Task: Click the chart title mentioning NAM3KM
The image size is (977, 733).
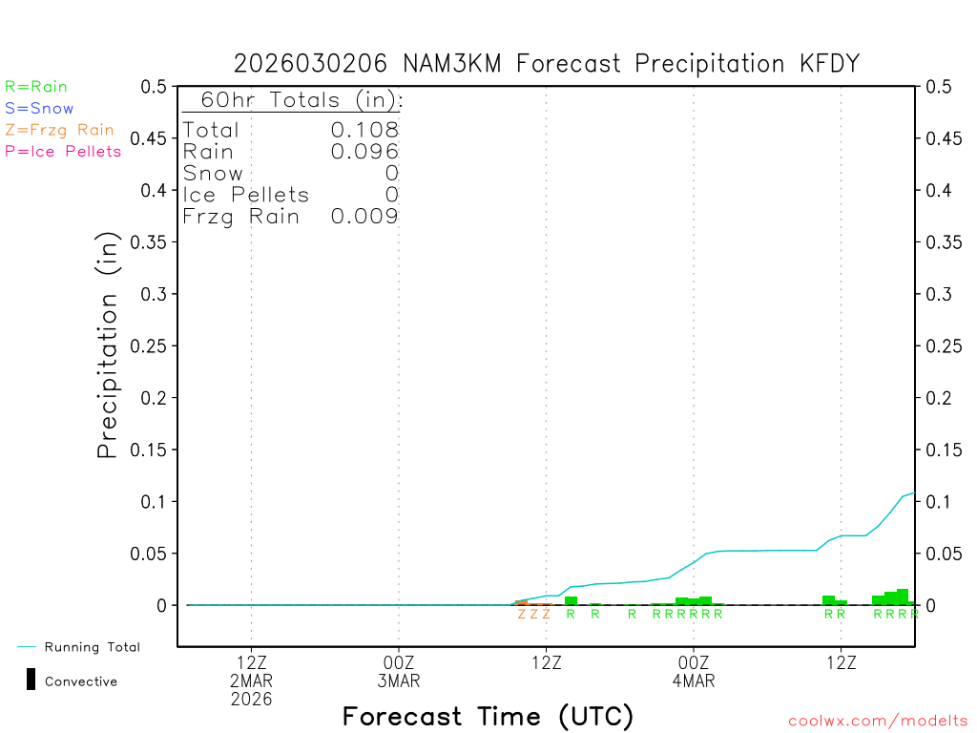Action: click(x=547, y=64)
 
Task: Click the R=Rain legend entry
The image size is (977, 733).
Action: click(x=36, y=87)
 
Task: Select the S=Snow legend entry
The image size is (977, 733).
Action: click(x=39, y=109)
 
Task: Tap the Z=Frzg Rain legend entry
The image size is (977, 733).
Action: click(x=59, y=130)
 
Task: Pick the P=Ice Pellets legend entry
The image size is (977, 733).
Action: click(x=63, y=151)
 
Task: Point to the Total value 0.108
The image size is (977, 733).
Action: click(x=364, y=130)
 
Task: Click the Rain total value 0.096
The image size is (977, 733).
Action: click(x=364, y=151)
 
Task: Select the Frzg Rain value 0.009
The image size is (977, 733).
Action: click(x=364, y=217)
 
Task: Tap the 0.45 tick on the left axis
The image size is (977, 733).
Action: click(x=153, y=138)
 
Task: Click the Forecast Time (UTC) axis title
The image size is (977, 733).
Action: click(x=488, y=716)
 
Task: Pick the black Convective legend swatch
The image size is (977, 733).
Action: click(x=31, y=680)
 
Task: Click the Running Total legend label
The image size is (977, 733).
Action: click(x=92, y=647)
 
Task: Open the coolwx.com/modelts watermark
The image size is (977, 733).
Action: click(x=878, y=721)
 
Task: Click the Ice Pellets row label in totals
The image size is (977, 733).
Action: click(x=246, y=195)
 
